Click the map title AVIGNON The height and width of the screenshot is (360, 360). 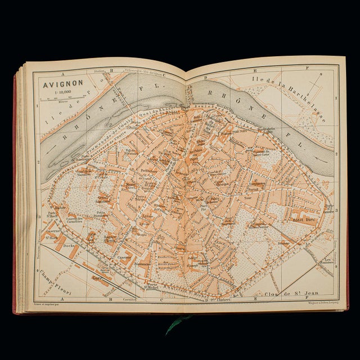pos(60,87)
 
